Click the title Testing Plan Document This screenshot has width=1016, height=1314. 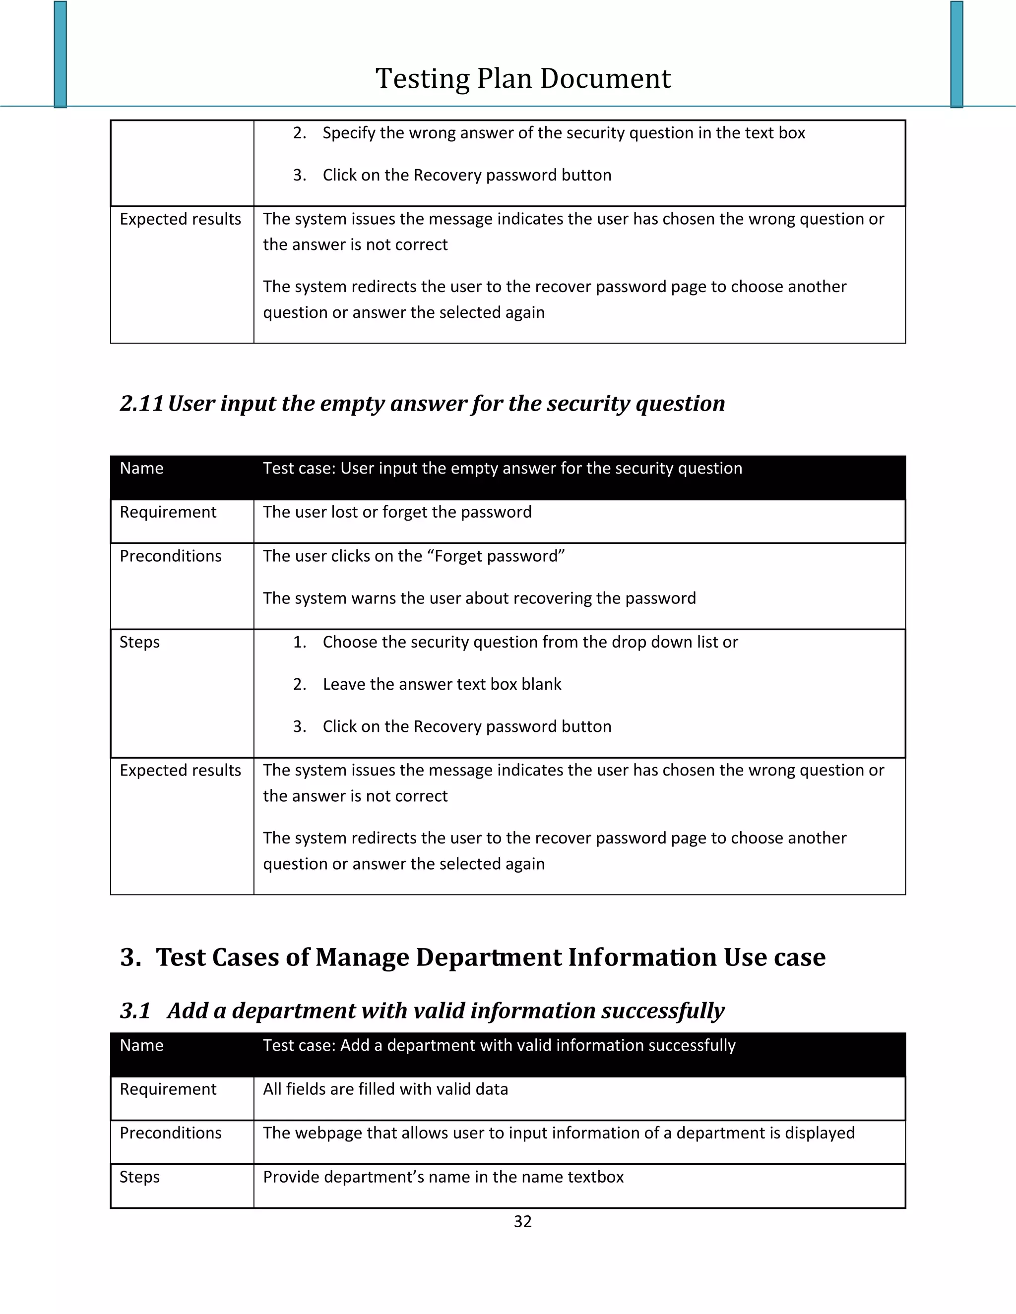click(x=522, y=79)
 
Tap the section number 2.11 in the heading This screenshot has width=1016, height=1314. click(x=141, y=404)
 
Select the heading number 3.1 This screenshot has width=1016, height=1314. click(x=135, y=1011)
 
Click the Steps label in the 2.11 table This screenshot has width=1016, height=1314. click(x=139, y=642)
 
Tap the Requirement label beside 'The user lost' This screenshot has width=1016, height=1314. click(x=168, y=512)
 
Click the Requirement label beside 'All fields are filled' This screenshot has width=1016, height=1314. click(x=168, y=1089)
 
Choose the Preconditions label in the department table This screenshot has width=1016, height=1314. click(x=170, y=1133)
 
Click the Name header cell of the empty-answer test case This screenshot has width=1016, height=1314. click(x=141, y=468)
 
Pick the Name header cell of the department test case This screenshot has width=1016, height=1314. click(x=141, y=1045)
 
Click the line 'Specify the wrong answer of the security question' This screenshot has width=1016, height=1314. click(x=564, y=133)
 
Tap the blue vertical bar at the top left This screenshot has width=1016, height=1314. click(x=60, y=54)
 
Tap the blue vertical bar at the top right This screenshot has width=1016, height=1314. click(x=956, y=54)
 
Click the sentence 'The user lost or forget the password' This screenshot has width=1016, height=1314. click(x=397, y=512)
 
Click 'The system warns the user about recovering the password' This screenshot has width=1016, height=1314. click(x=479, y=598)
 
